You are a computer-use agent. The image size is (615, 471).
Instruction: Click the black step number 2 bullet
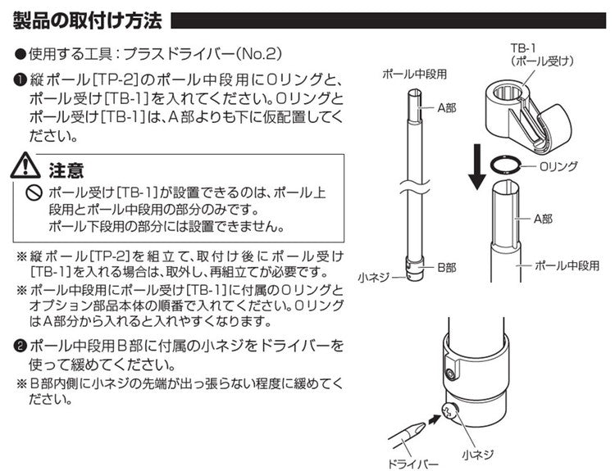pyautogui.click(x=20, y=345)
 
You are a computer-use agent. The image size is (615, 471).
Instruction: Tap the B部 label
pyautogui.click(x=445, y=268)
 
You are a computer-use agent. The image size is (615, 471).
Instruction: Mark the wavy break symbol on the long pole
pyautogui.click(x=415, y=189)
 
